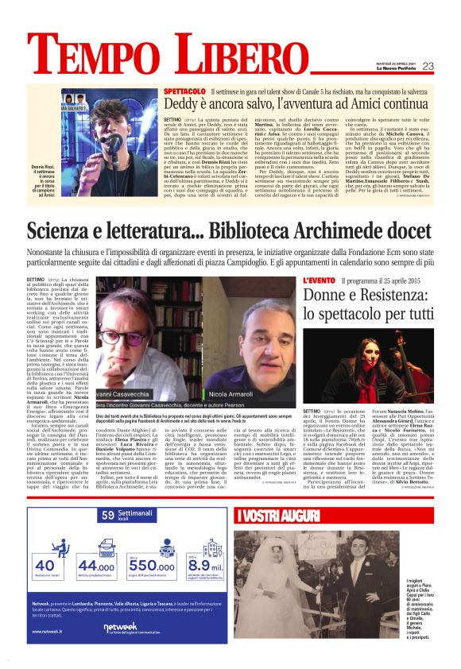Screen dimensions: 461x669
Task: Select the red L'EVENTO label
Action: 319,281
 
